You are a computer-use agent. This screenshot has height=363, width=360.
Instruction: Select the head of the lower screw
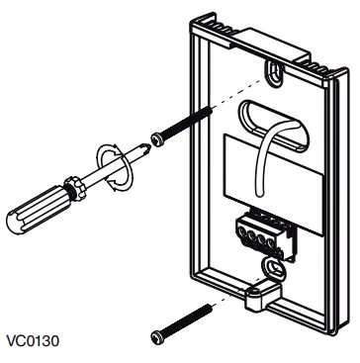(x=156, y=337)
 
